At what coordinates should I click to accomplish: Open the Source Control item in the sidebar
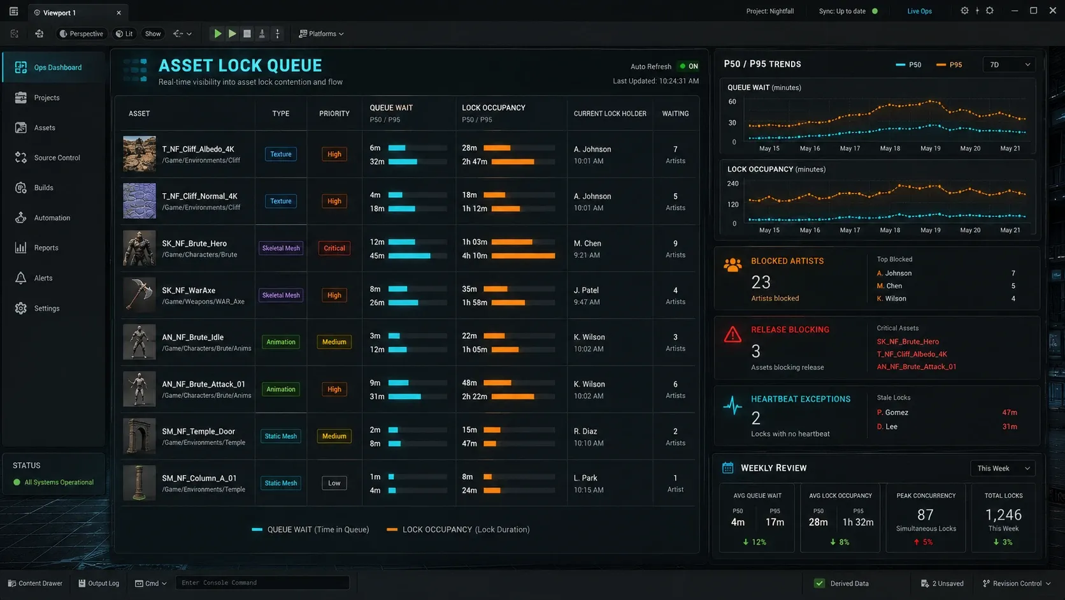click(x=57, y=157)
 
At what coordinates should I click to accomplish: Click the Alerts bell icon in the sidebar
click(x=20, y=278)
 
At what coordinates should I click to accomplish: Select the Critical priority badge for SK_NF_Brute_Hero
click(x=334, y=248)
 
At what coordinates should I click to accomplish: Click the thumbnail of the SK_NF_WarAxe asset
click(x=139, y=295)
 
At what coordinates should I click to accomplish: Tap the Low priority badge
click(x=334, y=483)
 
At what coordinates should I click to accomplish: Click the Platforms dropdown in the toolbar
click(x=322, y=34)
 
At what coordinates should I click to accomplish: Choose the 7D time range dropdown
click(x=1008, y=64)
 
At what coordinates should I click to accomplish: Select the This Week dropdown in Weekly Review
click(x=1003, y=468)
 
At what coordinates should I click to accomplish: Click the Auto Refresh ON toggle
click(x=689, y=66)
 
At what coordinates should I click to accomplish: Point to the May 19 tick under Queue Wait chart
click(x=930, y=149)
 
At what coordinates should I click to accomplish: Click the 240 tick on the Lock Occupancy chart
click(x=733, y=183)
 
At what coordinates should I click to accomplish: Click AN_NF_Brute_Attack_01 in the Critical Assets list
click(x=916, y=367)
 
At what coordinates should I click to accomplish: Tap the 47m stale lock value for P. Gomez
click(x=1010, y=413)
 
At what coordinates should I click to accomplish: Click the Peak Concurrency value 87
click(x=926, y=515)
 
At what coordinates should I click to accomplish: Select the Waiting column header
click(x=675, y=113)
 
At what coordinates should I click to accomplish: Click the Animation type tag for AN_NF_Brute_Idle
click(x=280, y=342)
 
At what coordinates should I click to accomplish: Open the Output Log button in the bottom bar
click(x=99, y=583)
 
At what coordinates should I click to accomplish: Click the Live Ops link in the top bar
click(x=919, y=11)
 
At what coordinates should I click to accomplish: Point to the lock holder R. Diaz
click(x=585, y=431)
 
